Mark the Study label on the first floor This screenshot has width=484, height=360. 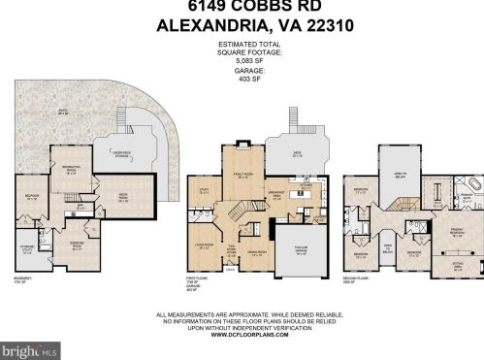(x=205, y=191)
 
